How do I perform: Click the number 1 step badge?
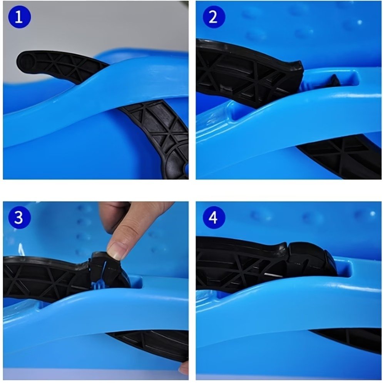[x=19, y=17]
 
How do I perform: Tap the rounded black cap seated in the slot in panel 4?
[x=313, y=259]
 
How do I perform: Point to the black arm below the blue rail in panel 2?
[x=342, y=156]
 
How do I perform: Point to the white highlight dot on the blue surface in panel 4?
[x=372, y=214]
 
